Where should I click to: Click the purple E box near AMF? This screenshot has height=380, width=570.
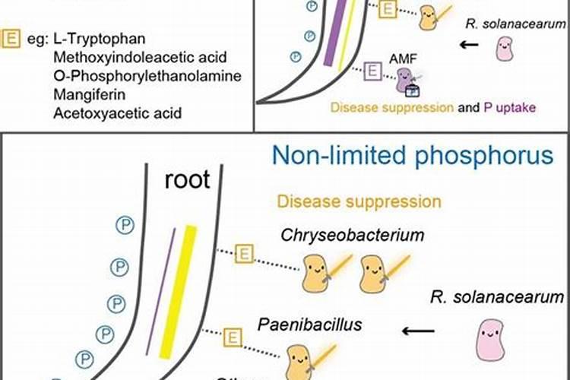tap(373, 72)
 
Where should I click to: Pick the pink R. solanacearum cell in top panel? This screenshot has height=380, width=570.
tap(504, 49)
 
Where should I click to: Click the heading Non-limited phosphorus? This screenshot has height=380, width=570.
tap(413, 157)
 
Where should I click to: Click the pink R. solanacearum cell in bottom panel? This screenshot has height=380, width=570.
tap(490, 340)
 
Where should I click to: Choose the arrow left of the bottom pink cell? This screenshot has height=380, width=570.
tap(418, 331)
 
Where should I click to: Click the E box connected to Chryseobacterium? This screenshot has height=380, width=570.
tap(245, 253)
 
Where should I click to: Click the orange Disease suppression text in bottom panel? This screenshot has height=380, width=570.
tap(359, 201)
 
